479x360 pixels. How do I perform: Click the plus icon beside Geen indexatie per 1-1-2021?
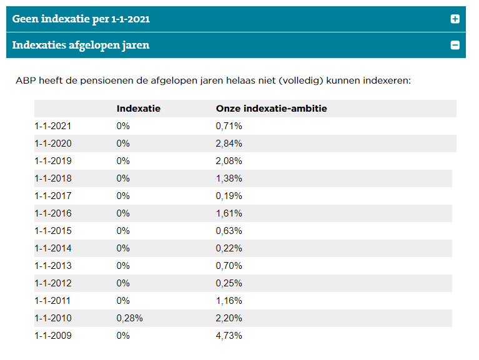pos(455,19)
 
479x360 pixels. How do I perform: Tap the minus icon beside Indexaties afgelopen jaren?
pos(455,45)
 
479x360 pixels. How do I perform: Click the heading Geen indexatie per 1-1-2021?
pos(81,19)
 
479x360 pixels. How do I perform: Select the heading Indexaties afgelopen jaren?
pos(81,46)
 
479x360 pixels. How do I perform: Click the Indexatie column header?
pos(138,109)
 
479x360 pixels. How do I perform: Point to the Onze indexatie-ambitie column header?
pos(272,109)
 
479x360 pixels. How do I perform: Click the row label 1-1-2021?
pos(53,126)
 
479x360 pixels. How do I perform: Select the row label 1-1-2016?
pos(53,213)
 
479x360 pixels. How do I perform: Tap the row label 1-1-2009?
pos(53,336)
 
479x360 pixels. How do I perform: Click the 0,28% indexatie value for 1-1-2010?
pos(130,318)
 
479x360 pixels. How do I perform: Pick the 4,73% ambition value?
pos(229,336)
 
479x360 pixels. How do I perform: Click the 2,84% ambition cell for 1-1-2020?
pos(229,144)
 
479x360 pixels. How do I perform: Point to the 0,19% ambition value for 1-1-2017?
pos(229,196)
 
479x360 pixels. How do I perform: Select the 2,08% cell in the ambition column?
pos(229,161)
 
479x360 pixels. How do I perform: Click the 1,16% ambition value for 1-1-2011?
pos(229,301)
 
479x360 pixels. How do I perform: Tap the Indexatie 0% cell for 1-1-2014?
pos(123,248)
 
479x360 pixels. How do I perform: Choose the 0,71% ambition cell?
pos(229,126)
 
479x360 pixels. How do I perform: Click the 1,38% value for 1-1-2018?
pos(229,178)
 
